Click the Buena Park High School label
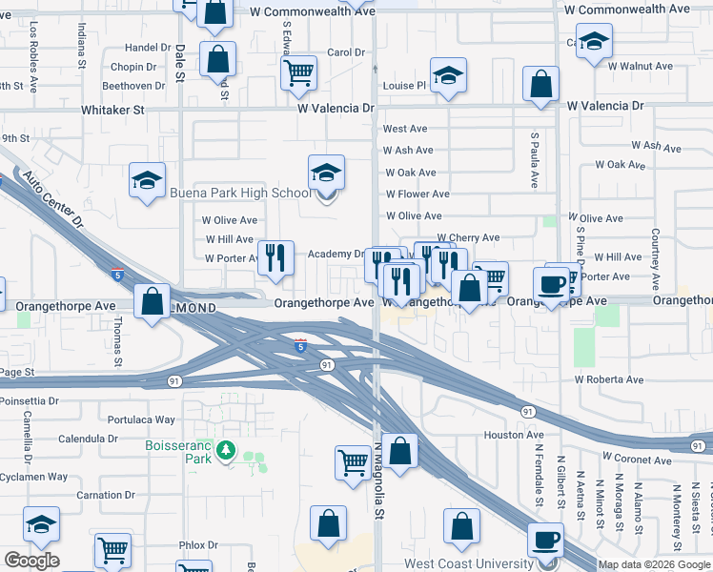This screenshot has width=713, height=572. [239, 193]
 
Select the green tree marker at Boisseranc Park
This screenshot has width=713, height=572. [226, 449]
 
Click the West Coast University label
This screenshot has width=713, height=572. [467, 563]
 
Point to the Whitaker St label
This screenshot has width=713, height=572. [112, 111]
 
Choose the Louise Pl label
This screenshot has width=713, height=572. [404, 86]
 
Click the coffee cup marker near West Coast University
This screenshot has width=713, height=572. [545, 541]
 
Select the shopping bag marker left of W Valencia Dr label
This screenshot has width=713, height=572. [540, 84]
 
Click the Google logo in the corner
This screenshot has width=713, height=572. [31, 561]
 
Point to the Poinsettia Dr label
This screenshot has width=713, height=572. [29, 401]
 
